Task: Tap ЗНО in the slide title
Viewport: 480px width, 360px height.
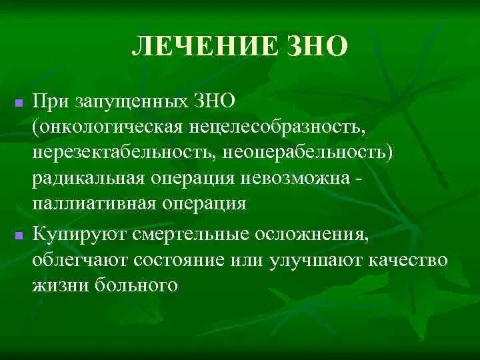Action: click(318, 46)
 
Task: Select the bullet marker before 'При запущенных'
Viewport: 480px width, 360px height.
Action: click(19, 104)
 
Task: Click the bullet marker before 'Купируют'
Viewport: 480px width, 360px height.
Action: click(19, 235)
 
